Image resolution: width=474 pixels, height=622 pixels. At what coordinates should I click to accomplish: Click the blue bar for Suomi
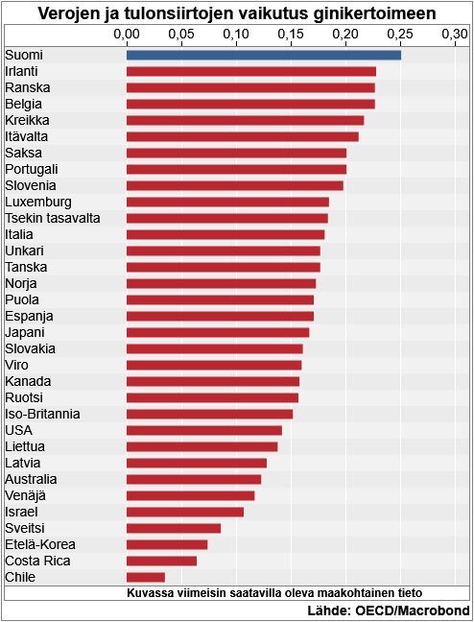(x=264, y=55)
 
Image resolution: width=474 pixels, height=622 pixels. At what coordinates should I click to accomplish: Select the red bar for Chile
(x=146, y=577)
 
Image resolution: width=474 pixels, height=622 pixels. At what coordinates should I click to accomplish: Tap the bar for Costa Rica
(x=161, y=561)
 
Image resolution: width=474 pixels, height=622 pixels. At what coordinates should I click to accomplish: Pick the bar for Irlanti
(x=251, y=71)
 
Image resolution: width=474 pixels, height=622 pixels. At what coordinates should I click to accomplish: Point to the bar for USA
(x=204, y=430)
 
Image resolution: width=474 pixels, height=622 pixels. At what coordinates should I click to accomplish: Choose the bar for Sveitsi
(x=174, y=528)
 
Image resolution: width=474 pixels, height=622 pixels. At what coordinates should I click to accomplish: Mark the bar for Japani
(x=218, y=332)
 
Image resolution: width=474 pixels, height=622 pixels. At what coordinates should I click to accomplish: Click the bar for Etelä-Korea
(x=167, y=544)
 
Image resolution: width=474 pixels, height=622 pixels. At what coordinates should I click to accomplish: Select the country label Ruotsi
(x=24, y=397)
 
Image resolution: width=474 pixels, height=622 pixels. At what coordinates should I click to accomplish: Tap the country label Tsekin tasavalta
(x=53, y=218)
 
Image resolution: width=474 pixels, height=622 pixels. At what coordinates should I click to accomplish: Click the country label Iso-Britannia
(x=42, y=414)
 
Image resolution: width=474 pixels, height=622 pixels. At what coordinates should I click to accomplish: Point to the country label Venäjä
(x=25, y=495)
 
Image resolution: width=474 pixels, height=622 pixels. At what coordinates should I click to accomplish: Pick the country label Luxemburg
(x=38, y=202)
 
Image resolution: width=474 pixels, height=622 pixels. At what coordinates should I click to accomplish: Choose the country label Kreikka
(x=27, y=120)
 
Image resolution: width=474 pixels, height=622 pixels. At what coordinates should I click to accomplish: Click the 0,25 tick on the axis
(x=400, y=35)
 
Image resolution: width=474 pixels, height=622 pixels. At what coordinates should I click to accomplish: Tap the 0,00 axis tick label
(x=127, y=35)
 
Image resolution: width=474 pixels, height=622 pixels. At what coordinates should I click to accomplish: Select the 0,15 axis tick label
(x=291, y=35)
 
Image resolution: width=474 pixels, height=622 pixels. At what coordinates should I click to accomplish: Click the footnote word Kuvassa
(x=151, y=593)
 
